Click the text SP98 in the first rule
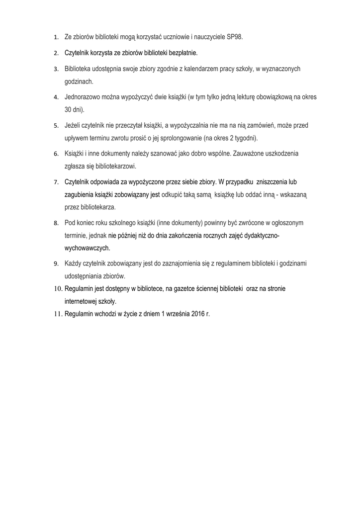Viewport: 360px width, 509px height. coord(235,37)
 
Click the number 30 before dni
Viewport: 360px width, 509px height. coord(69,109)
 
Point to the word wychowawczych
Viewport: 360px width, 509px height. coord(87,247)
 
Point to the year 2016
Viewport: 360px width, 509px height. coord(197,314)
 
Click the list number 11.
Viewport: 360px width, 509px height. coord(58,314)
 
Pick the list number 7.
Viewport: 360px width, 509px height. coord(56,182)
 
